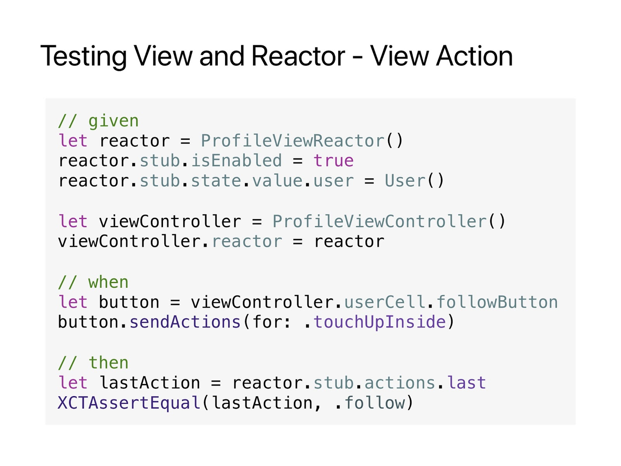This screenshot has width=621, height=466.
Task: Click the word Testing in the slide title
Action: (84, 57)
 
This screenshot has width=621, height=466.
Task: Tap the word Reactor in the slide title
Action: (298, 57)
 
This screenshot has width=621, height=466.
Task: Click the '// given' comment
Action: (98, 121)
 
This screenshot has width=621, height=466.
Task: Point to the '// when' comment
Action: (93, 282)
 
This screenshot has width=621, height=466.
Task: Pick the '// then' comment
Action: (93, 363)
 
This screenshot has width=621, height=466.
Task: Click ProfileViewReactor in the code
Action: (292, 141)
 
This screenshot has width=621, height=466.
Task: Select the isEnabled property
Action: (236, 161)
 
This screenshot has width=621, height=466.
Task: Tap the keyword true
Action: (333, 161)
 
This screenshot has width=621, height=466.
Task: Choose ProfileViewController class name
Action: (379, 221)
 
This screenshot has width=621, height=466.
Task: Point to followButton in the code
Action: (497, 302)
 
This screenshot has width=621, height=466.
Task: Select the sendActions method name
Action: (185, 322)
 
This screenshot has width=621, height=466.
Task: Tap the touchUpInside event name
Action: (379, 322)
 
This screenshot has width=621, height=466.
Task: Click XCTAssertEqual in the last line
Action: (129, 403)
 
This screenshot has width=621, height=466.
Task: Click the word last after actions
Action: (467, 383)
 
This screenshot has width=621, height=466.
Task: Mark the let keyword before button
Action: (73, 302)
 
